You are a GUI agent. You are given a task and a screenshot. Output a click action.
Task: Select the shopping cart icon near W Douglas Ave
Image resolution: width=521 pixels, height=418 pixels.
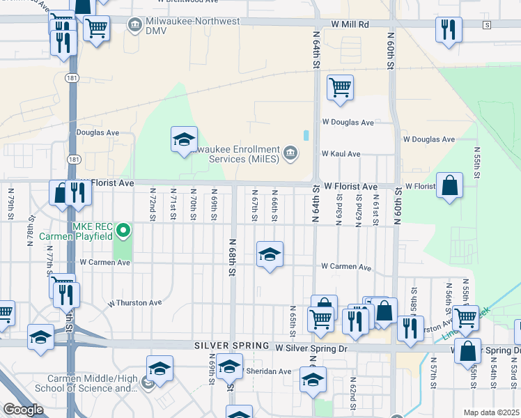click(x=340, y=88)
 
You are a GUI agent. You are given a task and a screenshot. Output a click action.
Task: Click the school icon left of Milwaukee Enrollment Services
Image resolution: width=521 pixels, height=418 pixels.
click(x=185, y=139)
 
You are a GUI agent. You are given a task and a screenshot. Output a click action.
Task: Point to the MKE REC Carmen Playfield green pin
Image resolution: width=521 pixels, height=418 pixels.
click(x=123, y=229)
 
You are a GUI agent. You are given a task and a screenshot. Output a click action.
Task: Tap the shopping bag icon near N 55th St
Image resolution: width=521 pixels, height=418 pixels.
click(x=450, y=185)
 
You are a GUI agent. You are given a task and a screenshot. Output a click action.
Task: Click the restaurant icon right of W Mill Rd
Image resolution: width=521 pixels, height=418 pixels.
click(x=449, y=30)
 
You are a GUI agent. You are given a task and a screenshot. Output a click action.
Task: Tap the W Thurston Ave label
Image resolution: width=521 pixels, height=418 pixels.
click(x=134, y=303)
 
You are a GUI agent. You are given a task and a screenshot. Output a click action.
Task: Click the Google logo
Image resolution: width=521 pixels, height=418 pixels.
click(x=22, y=410)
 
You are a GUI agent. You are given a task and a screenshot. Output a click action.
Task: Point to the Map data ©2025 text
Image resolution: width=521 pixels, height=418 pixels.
click(x=491, y=412)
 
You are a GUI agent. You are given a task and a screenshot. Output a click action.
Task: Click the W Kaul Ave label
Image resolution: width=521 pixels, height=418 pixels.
click(x=341, y=154)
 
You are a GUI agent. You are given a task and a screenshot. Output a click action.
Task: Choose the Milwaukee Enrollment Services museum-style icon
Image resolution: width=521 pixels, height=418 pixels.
click(x=290, y=152)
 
